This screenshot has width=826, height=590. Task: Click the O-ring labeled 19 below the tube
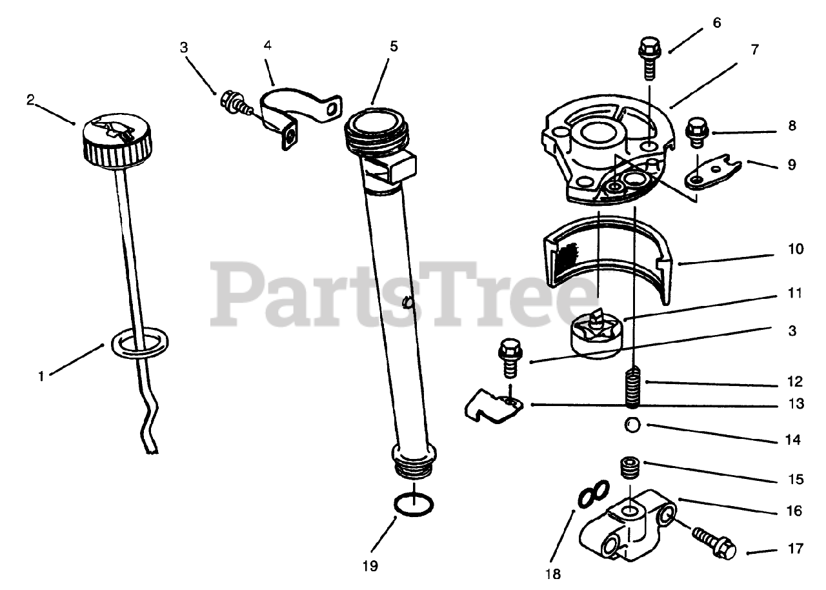(x=413, y=505)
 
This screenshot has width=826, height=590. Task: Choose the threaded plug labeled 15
(x=629, y=467)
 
